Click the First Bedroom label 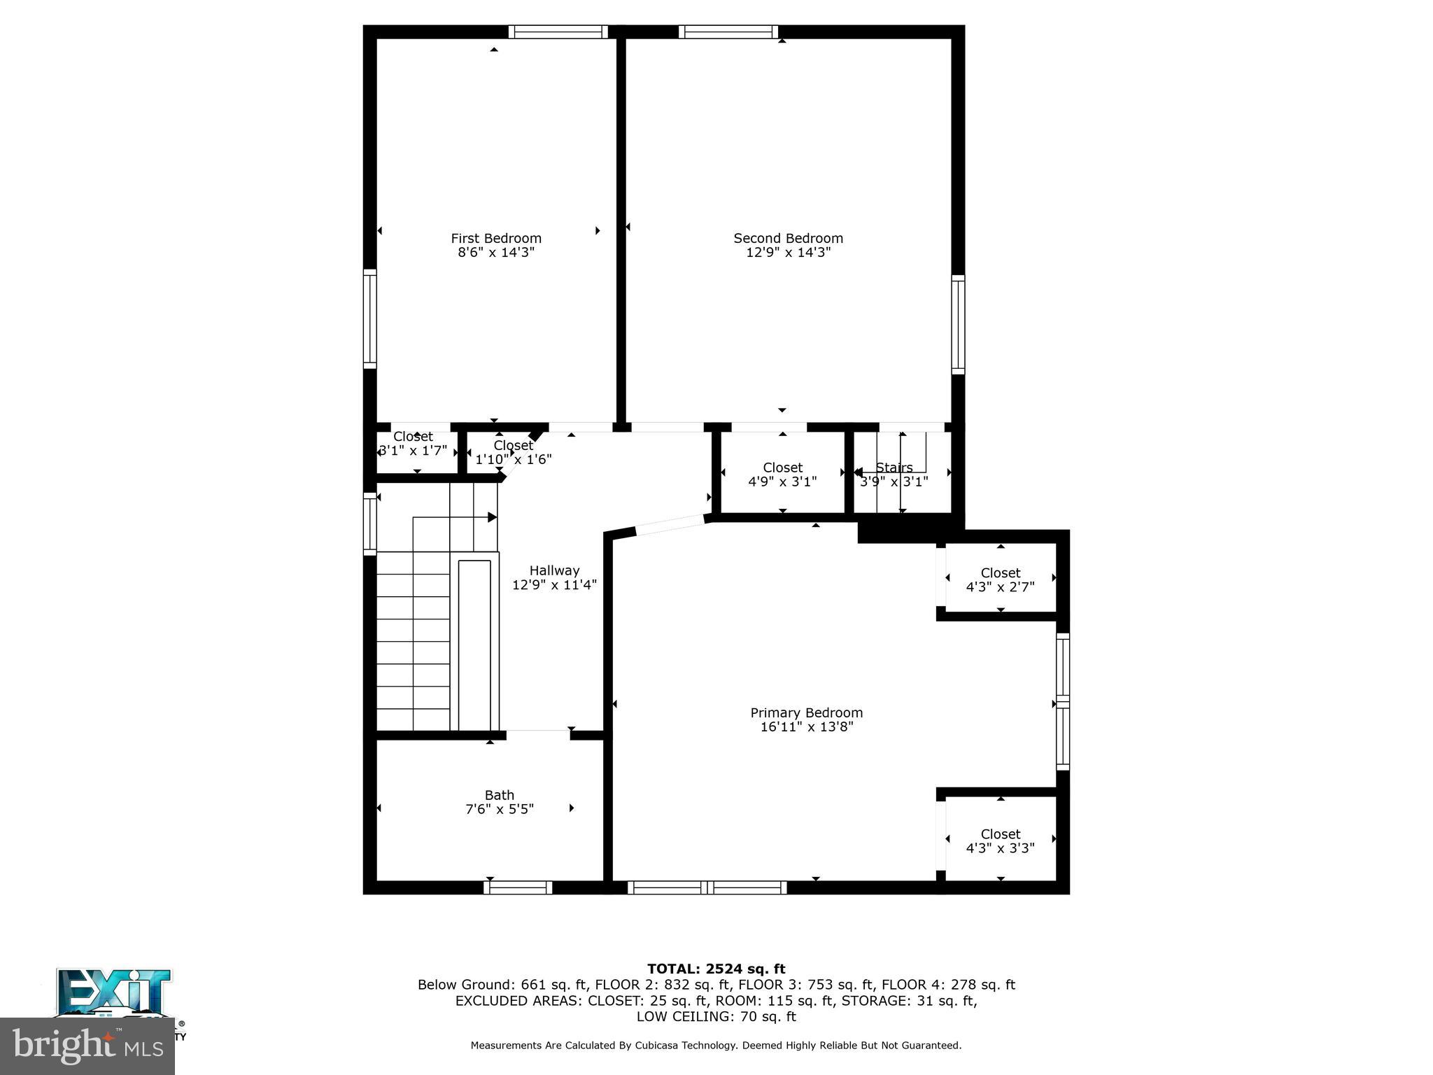pyautogui.click(x=495, y=238)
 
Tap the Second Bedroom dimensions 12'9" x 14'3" pyautogui.click(x=788, y=253)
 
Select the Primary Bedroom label pyautogui.click(x=806, y=712)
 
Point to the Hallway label pyautogui.click(x=554, y=570)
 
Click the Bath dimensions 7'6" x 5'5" pyautogui.click(x=500, y=809)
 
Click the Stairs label pyautogui.click(x=894, y=468)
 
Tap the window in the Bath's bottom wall pyautogui.click(x=518, y=887)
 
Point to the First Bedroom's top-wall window pyautogui.click(x=558, y=31)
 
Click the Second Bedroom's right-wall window pyautogui.click(x=958, y=324)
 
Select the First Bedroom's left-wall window pyautogui.click(x=369, y=318)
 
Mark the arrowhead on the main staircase pyautogui.click(x=492, y=517)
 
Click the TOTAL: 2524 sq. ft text pyautogui.click(x=716, y=969)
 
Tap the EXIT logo pyautogui.click(x=114, y=992)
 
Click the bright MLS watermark pyautogui.click(x=87, y=1046)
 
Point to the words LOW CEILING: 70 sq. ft pyautogui.click(x=716, y=1016)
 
